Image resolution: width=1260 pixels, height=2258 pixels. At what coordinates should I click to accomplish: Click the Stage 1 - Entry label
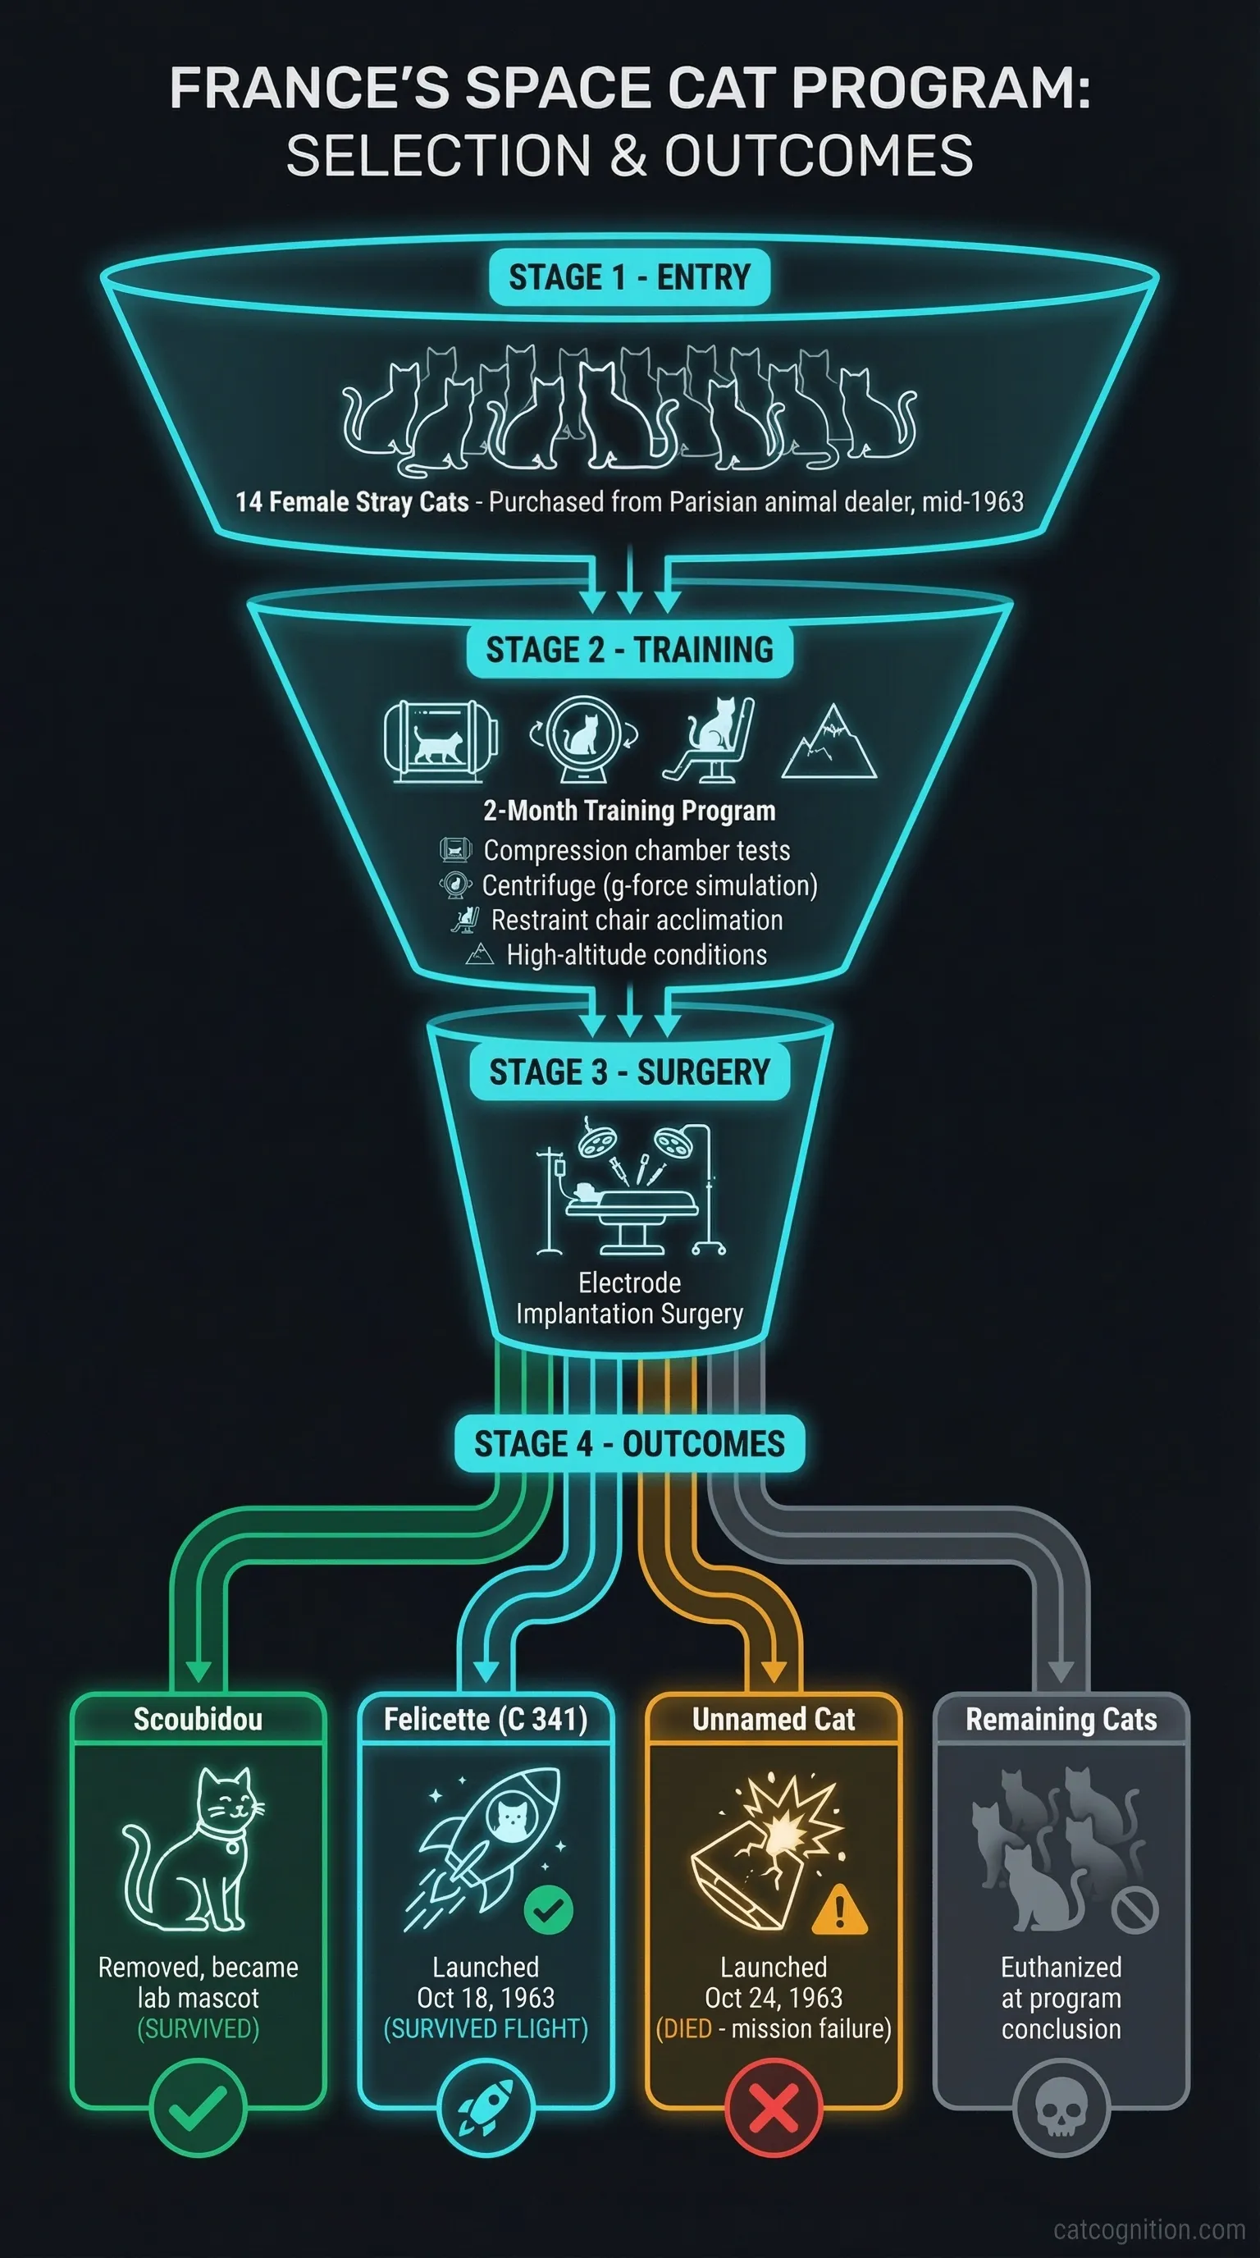tap(629, 278)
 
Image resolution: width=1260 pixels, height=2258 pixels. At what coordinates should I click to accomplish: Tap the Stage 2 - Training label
tap(629, 651)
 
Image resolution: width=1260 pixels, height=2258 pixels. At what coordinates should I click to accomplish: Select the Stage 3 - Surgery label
tap(629, 1072)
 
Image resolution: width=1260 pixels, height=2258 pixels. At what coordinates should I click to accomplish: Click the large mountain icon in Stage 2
tap(829, 743)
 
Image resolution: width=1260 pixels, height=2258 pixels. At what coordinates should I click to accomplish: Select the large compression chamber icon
tap(441, 742)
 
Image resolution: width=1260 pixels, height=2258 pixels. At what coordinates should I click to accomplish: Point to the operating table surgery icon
tap(630, 1188)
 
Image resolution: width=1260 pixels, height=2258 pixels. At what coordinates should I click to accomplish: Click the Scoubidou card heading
tap(198, 1719)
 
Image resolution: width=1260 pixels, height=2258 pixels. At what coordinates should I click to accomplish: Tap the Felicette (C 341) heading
tap(486, 1719)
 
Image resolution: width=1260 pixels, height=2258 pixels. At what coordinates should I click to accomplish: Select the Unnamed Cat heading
tap(773, 1719)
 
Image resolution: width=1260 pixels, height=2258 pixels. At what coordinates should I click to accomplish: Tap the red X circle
tap(774, 2108)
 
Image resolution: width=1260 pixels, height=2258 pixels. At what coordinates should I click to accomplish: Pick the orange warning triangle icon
tap(839, 1909)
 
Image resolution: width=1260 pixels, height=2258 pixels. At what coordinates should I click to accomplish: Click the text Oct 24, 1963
tap(773, 1998)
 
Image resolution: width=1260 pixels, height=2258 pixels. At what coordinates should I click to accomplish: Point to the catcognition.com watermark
tap(1148, 2229)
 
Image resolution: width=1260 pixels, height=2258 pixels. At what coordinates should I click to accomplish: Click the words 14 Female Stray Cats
tap(352, 502)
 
